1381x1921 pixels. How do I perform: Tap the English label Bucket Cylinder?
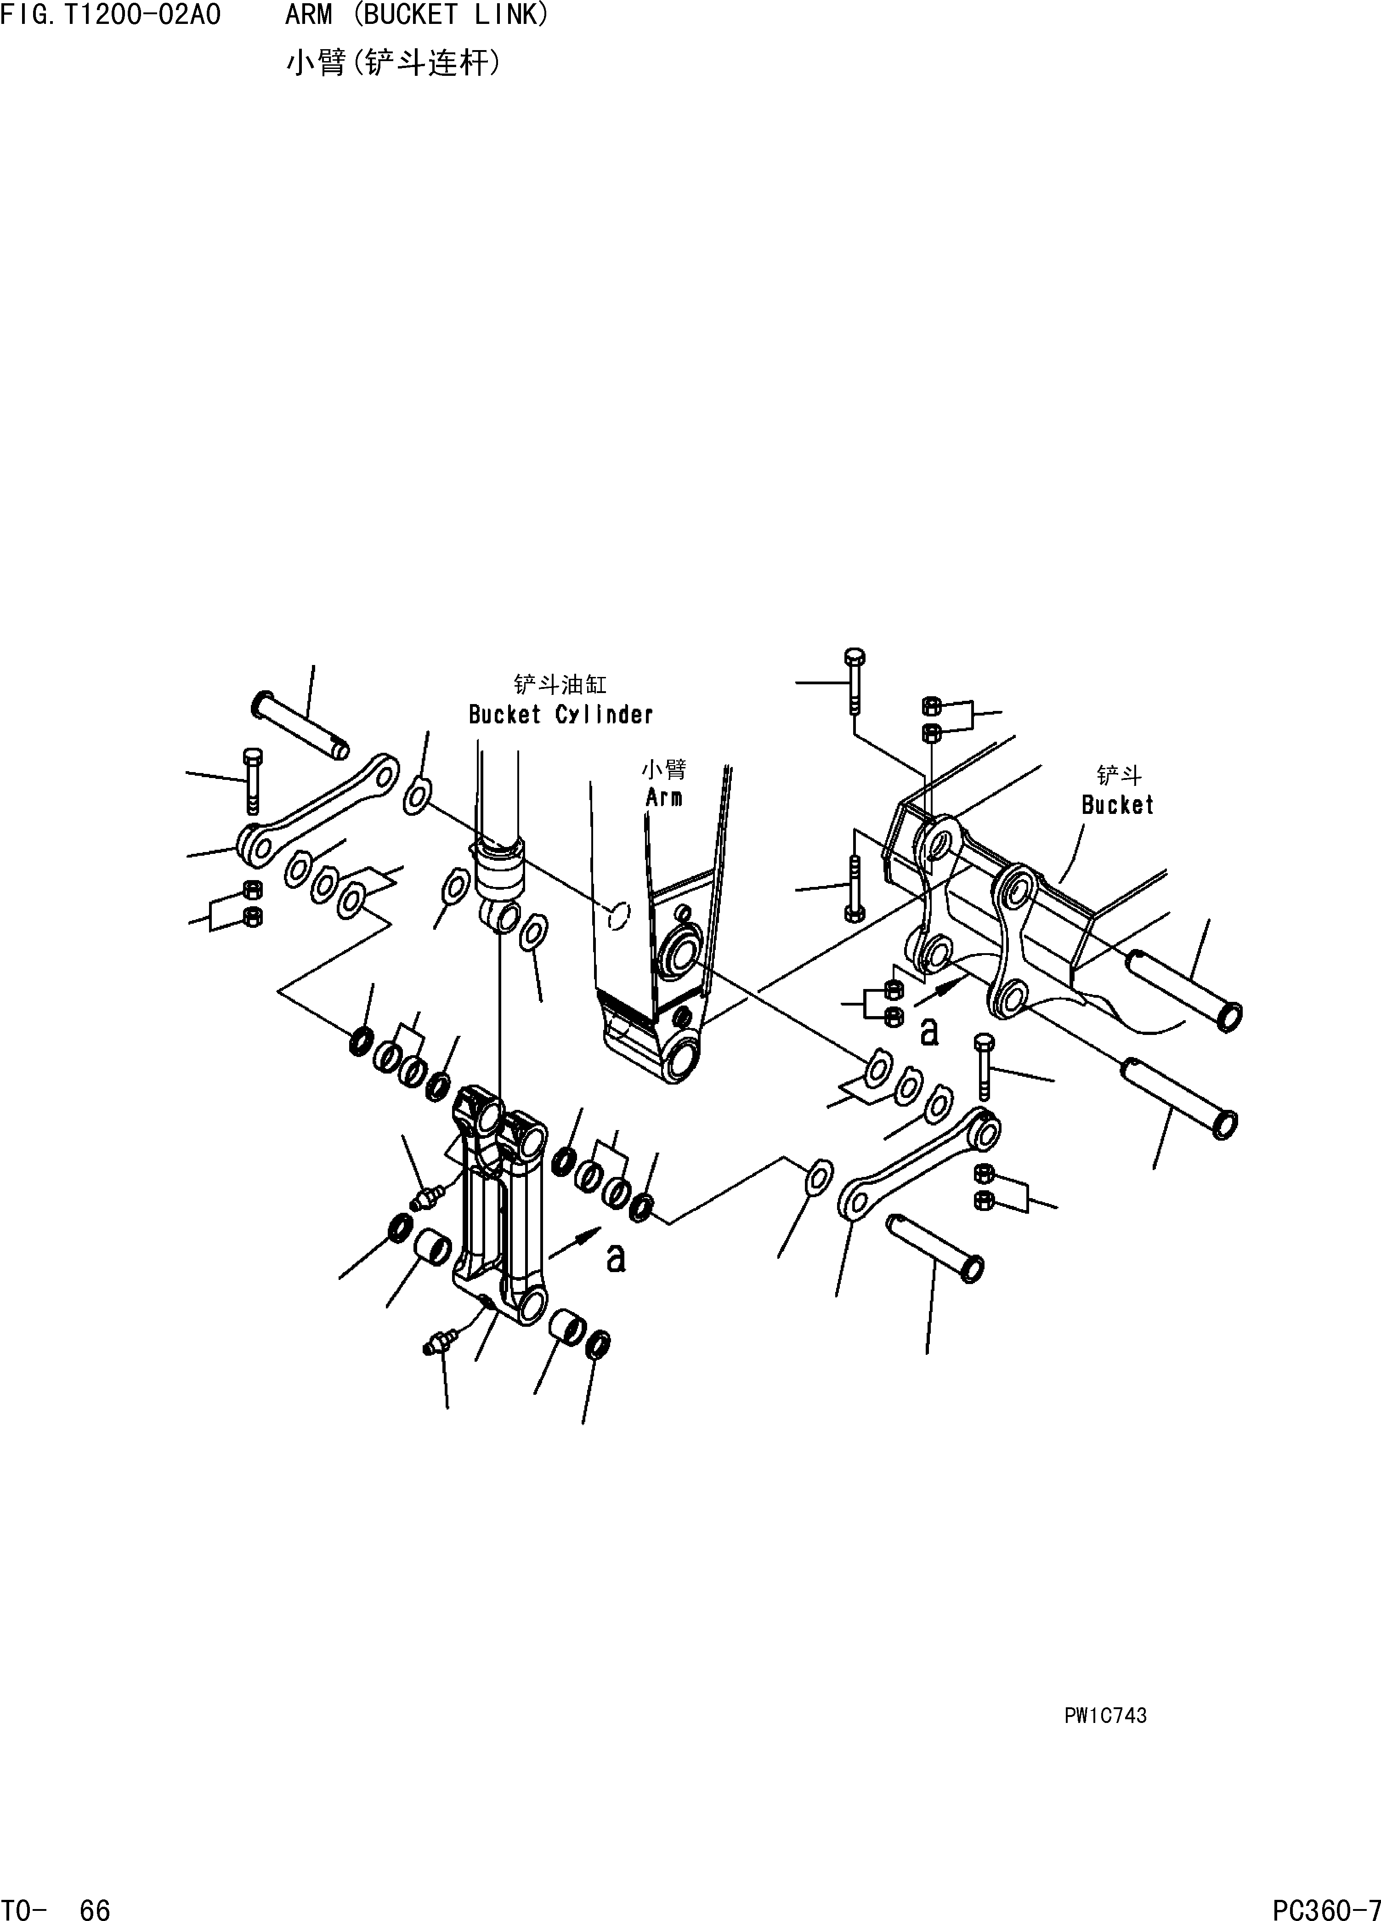point(560,715)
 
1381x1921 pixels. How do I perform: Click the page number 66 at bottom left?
point(95,1909)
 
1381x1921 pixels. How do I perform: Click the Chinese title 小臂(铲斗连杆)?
point(393,63)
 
